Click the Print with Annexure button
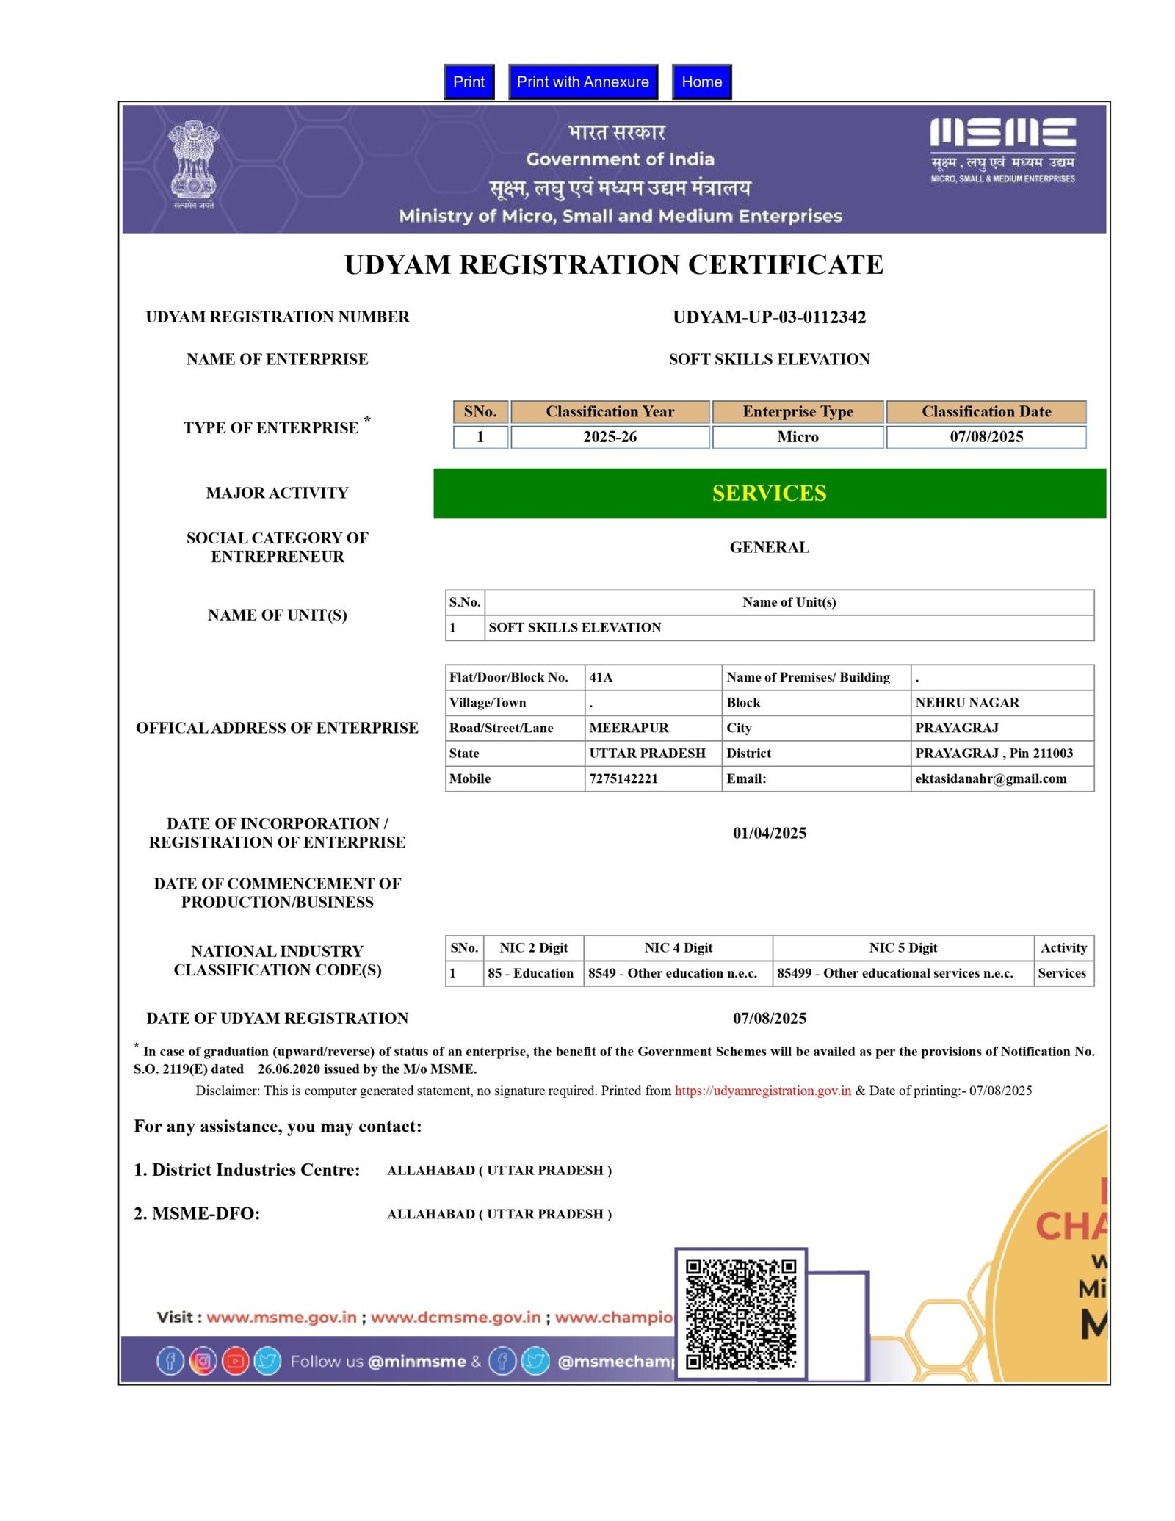click(582, 82)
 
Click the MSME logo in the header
click(1002, 149)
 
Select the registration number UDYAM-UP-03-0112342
click(769, 317)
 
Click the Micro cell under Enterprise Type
click(798, 437)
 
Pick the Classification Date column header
click(986, 411)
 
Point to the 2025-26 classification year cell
click(610, 437)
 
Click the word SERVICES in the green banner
click(769, 493)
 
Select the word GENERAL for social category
click(769, 547)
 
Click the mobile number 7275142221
click(623, 778)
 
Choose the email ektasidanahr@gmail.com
click(990, 778)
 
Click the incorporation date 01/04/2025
click(769, 833)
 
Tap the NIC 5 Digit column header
click(903, 947)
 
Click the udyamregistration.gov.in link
click(762, 1091)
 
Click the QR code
click(740, 1314)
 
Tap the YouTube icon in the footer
click(236, 1361)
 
